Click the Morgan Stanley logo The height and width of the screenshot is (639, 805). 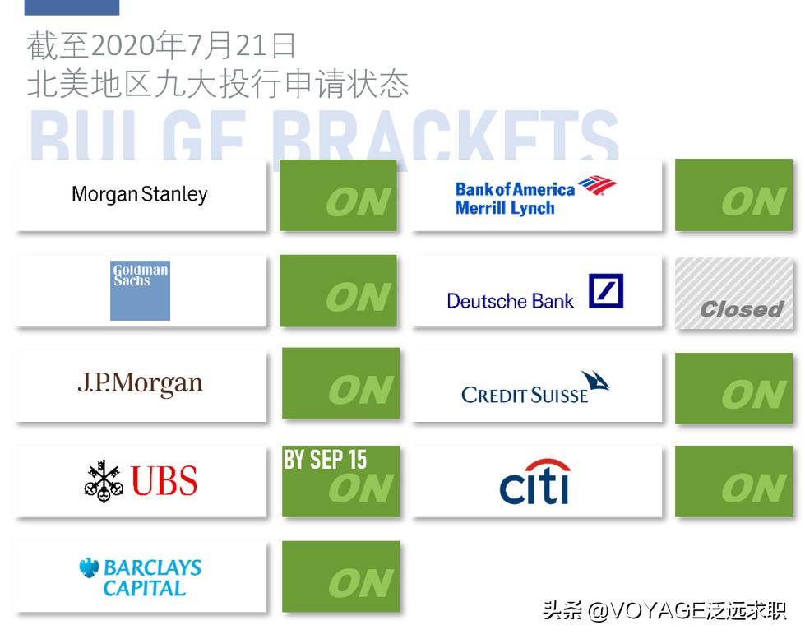coord(139,195)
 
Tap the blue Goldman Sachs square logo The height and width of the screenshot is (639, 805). coord(140,290)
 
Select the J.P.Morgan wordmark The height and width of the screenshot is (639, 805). coord(140,384)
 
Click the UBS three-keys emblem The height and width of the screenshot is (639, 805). coord(104,481)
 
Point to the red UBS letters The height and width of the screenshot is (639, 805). coord(164,481)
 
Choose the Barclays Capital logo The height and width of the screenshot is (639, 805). coord(141,577)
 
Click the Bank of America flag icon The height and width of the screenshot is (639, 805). coord(597,187)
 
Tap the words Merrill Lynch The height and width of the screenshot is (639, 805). coord(505,208)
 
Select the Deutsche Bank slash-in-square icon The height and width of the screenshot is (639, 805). coord(606,291)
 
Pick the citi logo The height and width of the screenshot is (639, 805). coord(535,482)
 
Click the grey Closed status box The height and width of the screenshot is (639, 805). coord(733,294)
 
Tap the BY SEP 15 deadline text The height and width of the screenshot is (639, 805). coord(326,460)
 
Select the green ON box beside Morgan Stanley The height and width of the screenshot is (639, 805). coord(338,195)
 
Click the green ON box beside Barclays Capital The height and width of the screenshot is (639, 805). coord(340,576)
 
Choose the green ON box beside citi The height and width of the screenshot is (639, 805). coord(733,481)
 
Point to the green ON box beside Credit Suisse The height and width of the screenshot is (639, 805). coord(733,388)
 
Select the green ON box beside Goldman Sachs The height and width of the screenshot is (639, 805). coord(338,290)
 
